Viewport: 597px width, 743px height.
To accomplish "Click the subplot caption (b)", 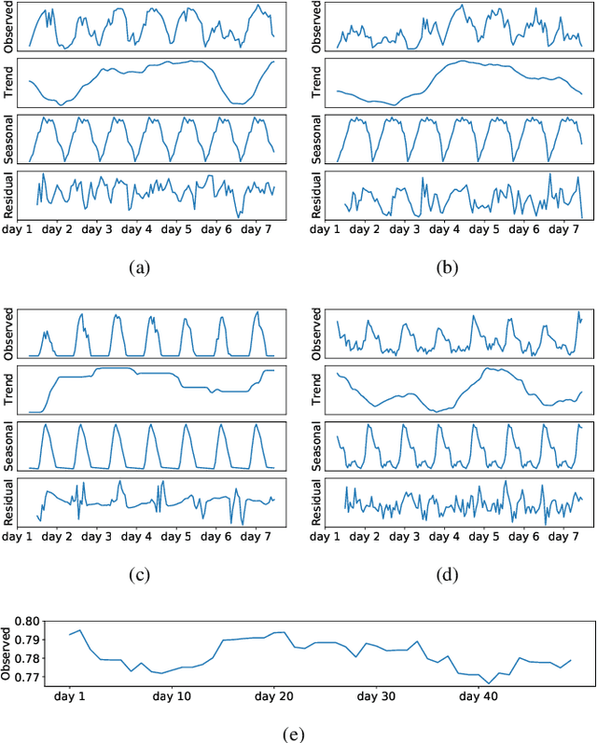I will (x=449, y=268).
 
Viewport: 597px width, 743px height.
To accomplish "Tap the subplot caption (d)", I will (x=449, y=574).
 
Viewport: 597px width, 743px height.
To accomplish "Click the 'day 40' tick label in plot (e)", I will (x=477, y=695).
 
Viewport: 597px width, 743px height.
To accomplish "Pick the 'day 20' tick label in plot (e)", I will (x=274, y=695).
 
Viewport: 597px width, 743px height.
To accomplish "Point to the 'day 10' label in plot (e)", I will (x=173, y=695).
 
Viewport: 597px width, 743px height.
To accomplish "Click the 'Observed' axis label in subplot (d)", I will (x=317, y=336).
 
